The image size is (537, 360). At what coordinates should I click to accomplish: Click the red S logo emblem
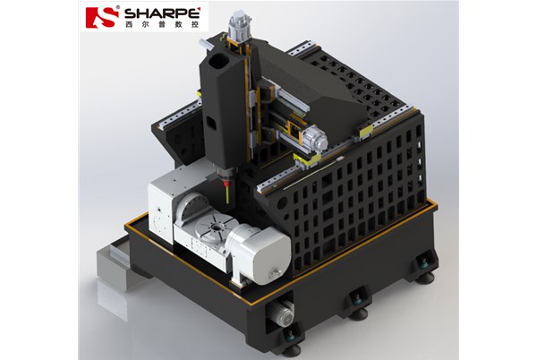pos(101,17)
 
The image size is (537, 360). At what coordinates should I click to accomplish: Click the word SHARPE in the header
pos(162,13)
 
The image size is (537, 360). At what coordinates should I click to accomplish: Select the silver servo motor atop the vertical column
pos(241,25)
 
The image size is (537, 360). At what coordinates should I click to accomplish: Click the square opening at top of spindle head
pos(219,62)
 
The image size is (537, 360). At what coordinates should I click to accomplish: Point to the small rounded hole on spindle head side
pos(211,124)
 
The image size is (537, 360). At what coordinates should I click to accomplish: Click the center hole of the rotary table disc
pos(216,227)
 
